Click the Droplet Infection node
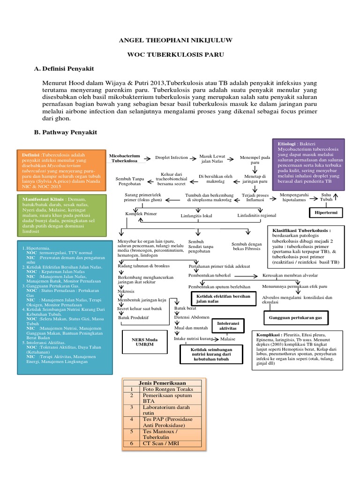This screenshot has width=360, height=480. tap(172, 158)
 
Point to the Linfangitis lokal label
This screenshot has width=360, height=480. tap(196, 216)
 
